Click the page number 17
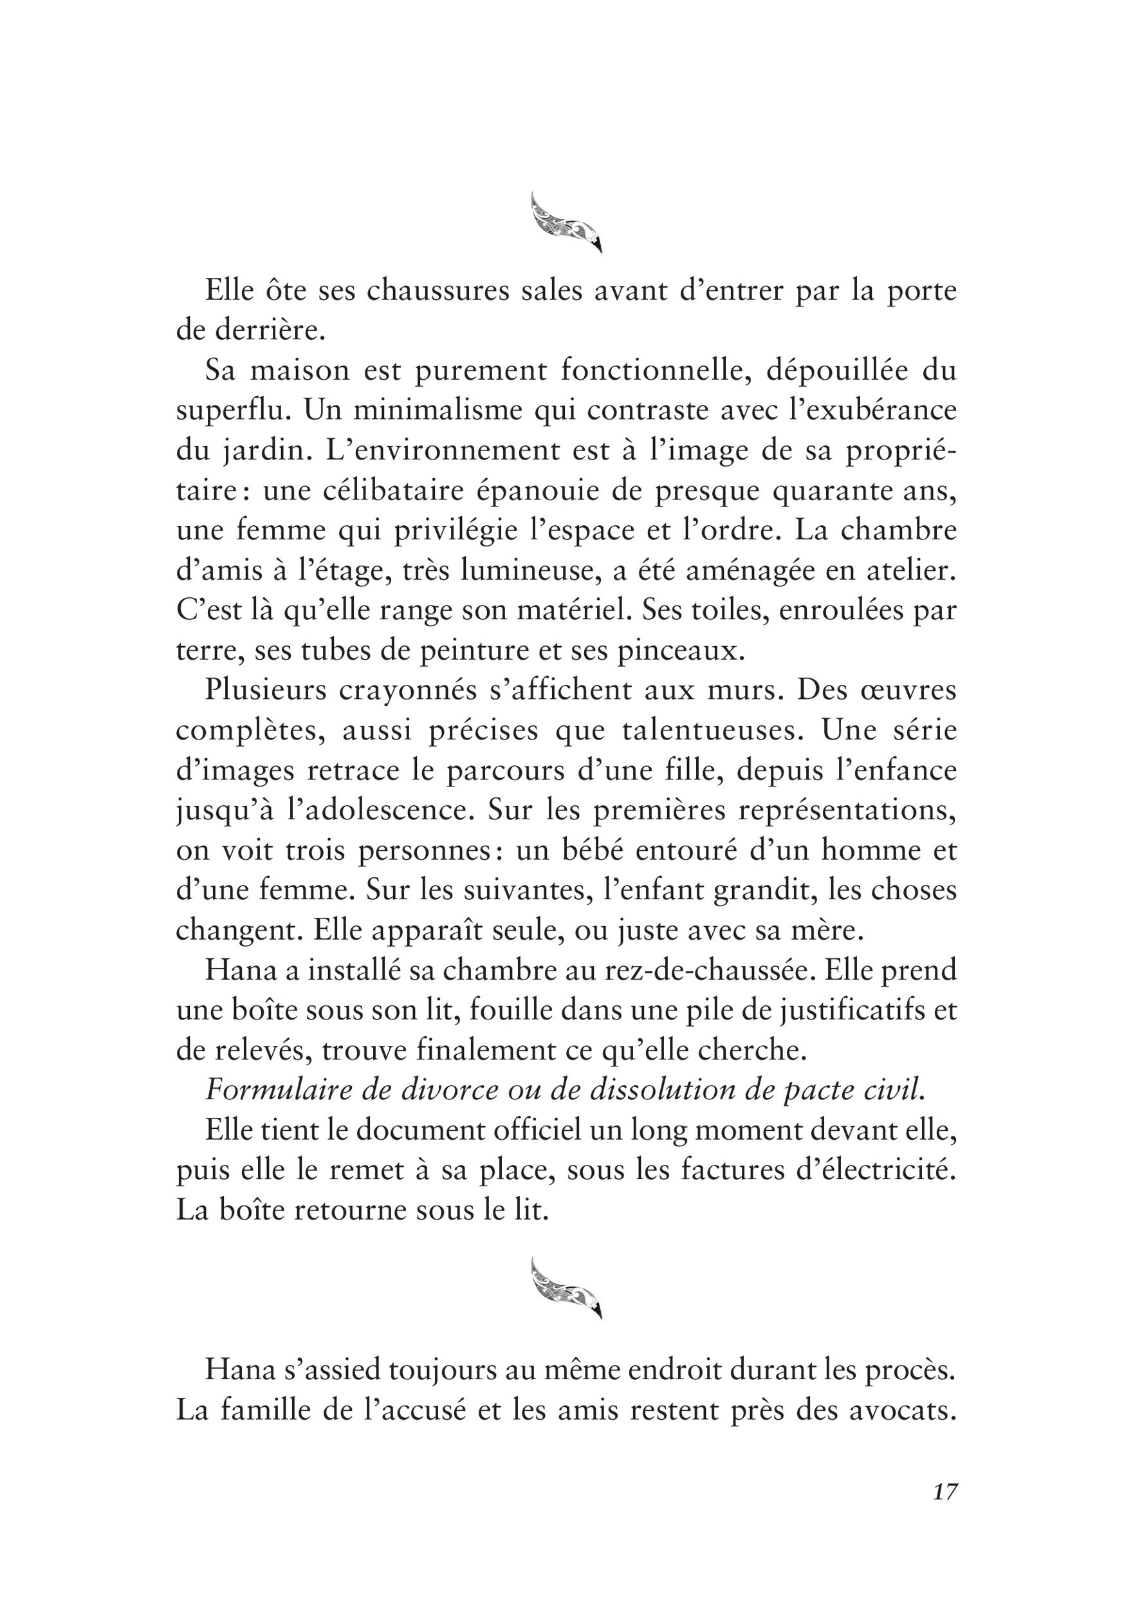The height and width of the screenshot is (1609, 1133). (x=944, y=1512)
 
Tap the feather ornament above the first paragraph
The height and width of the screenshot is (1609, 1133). (x=566, y=223)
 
